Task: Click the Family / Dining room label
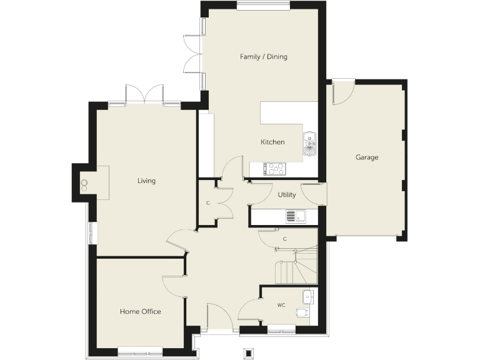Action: click(x=264, y=57)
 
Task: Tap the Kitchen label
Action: click(x=272, y=142)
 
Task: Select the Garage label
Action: click(x=367, y=157)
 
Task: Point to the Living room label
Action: click(x=146, y=181)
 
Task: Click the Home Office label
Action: click(x=141, y=311)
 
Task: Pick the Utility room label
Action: click(x=287, y=195)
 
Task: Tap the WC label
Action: click(x=281, y=306)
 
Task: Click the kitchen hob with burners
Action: click(x=275, y=168)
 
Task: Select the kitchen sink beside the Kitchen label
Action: click(x=310, y=143)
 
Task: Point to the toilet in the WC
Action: click(x=302, y=313)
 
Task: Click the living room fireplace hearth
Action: click(x=94, y=182)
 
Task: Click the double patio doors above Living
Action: click(x=144, y=94)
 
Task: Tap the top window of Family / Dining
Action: click(x=263, y=6)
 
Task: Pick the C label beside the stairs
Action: click(x=284, y=239)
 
